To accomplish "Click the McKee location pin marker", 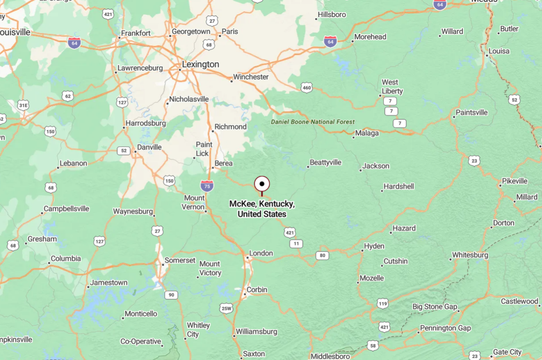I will [x=262, y=184].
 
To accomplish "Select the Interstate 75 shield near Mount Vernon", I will [x=207, y=186].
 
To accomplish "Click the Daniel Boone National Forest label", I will [x=313, y=122].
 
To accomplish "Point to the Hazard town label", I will [x=404, y=228].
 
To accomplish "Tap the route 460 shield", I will [x=307, y=88].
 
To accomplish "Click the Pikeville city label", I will [x=514, y=181].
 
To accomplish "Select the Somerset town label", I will [x=180, y=261].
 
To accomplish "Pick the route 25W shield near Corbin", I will [x=226, y=309].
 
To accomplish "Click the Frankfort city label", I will [x=135, y=33].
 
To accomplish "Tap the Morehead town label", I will [x=370, y=37].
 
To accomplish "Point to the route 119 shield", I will [x=383, y=304].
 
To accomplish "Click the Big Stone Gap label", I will [x=435, y=307].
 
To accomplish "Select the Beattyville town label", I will [x=326, y=163].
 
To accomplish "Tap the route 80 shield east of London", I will [x=322, y=256].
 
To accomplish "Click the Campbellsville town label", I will [x=66, y=209].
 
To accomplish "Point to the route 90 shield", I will [x=170, y=295].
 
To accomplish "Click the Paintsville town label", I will [x=472, y=112].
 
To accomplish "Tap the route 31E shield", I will [x=23, y=105].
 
